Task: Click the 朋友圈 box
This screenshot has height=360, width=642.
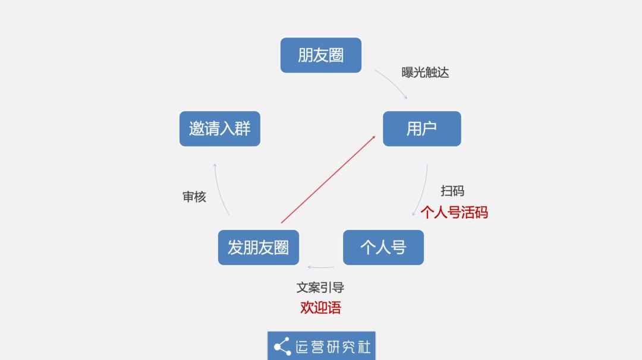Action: coord(321,55)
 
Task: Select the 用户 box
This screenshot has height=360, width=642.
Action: coord(421,128)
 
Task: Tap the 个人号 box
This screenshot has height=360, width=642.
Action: coord(383,247)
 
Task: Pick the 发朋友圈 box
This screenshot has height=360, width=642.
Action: coord(259,247)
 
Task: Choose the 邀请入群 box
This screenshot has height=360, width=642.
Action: coord(220,128)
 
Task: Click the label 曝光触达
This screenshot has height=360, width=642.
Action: coord(425,72)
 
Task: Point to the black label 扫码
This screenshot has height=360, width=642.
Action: coord(452,191)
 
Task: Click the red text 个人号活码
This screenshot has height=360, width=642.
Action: coord(454,212)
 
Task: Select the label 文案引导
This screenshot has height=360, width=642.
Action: coord(320,287)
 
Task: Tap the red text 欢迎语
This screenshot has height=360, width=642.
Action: coord(320,307)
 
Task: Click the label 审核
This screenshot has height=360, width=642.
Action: coord(194,197)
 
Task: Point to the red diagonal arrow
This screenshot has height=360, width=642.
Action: coord(328,179)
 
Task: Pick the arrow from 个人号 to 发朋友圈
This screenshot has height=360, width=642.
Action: coord(321,267)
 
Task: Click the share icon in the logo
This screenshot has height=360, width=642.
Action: coord(282,346)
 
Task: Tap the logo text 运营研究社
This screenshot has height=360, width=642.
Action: coord(333,347)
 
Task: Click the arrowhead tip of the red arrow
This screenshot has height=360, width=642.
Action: coord(376,136)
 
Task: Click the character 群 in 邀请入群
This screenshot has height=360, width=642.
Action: coord(243,128)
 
